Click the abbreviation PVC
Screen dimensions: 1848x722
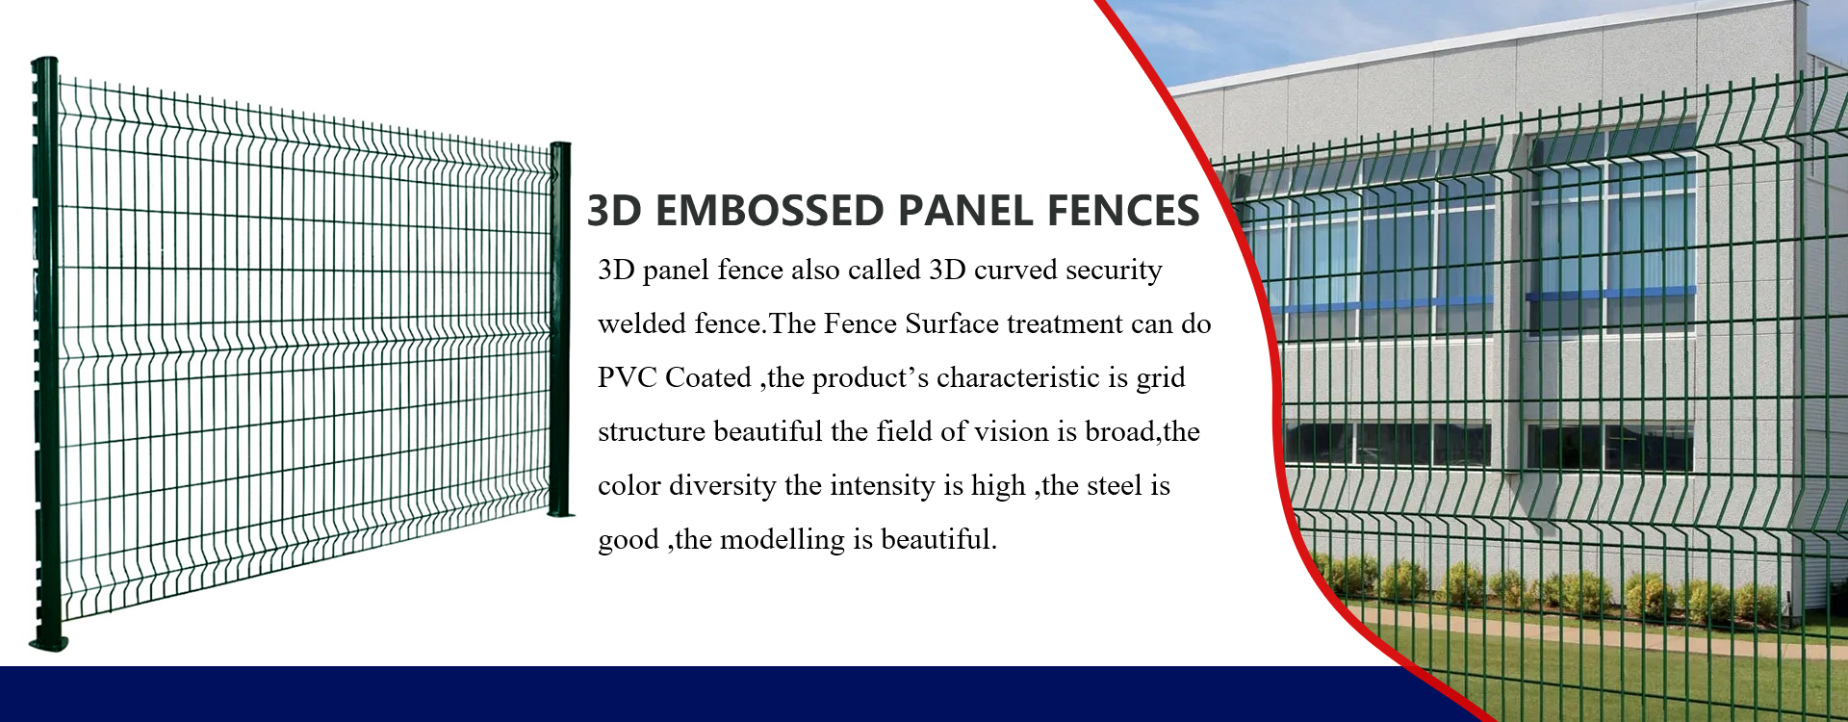(x=627, y=377)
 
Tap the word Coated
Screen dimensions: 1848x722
(x=708, y=377)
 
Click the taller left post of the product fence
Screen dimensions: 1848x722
(x=46, y=351)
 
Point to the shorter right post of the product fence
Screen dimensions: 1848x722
(x=561, y=329)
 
